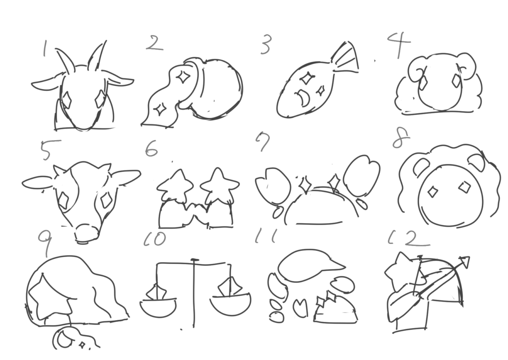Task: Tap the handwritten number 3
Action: click(265, 45)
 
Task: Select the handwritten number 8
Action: click(401, 139)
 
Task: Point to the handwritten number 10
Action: click(155, 239)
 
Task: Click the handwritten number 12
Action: click(409, 239)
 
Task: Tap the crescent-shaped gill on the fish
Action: click(303, 97)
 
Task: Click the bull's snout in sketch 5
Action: click(87, 233)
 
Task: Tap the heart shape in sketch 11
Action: click(300, 307)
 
